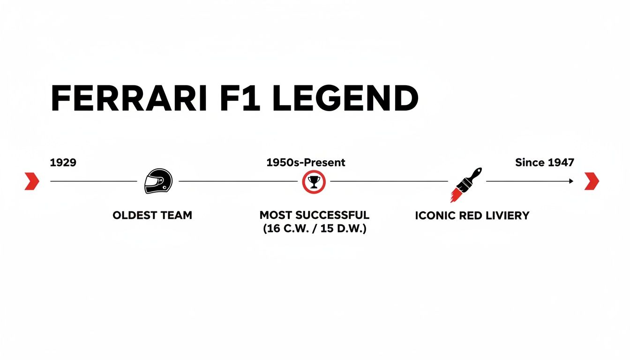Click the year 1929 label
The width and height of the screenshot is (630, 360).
[x=63, y=163]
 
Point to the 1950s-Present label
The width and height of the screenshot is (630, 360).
[x=306, y=163]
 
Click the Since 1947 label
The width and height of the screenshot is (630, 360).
[x=544, y=163]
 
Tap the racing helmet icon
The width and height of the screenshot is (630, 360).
[x=158, y=181]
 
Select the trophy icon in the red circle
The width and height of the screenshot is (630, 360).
[x=314, y=181]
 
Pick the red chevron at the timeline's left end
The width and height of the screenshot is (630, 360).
[x=32, y=181]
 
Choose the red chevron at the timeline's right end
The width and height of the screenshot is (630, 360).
[x=592, y=181]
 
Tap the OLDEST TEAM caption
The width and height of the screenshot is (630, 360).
[x=152, y=216]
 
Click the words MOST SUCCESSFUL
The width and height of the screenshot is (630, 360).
[x=315, y=216]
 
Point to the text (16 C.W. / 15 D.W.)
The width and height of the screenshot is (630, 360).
[x=315, y=230]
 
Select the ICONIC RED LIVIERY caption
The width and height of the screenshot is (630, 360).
[x=472, y=216]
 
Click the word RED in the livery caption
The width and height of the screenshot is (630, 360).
[x=473, y=216]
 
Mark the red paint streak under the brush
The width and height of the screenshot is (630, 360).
[x=456, y=195]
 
